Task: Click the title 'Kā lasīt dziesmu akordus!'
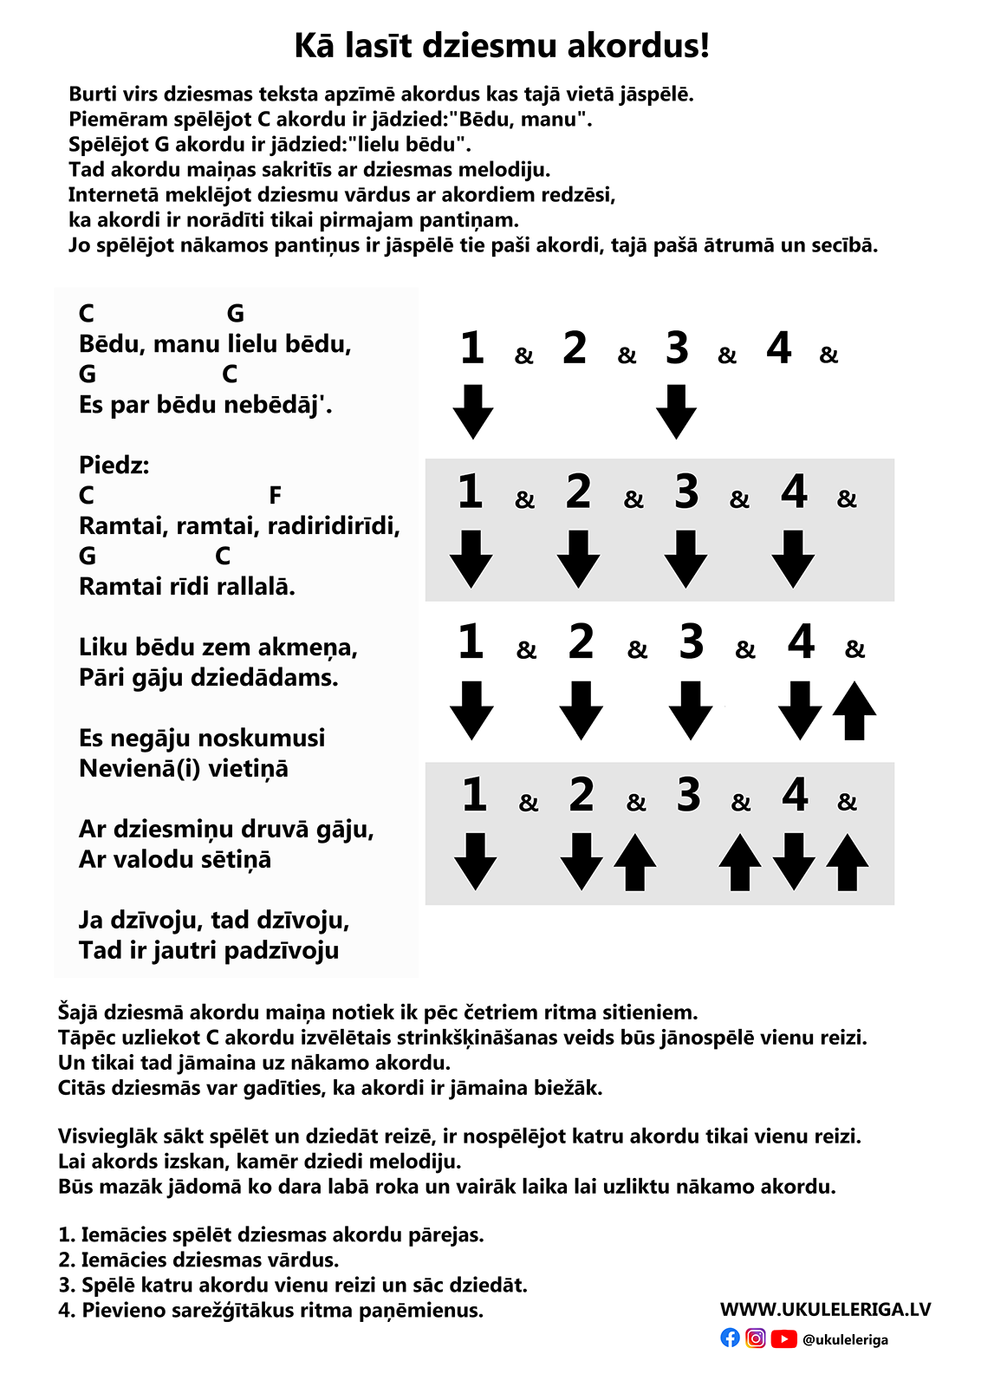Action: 502,45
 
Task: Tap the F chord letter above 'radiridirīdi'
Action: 276,496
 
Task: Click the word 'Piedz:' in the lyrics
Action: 114,466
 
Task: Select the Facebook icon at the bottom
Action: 731,1338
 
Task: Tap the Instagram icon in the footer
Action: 756,1338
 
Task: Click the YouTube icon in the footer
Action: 783,1338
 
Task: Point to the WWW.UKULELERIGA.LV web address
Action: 825,1309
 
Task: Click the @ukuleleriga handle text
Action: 845,1339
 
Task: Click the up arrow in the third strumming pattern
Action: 854,711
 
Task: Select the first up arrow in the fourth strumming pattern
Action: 634,863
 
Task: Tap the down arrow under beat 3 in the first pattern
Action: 676,411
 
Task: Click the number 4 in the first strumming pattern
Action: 779,348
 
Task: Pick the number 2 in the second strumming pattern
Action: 578,492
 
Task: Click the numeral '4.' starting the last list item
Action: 67,1311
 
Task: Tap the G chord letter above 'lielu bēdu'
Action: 235,314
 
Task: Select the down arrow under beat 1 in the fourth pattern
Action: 475,861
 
